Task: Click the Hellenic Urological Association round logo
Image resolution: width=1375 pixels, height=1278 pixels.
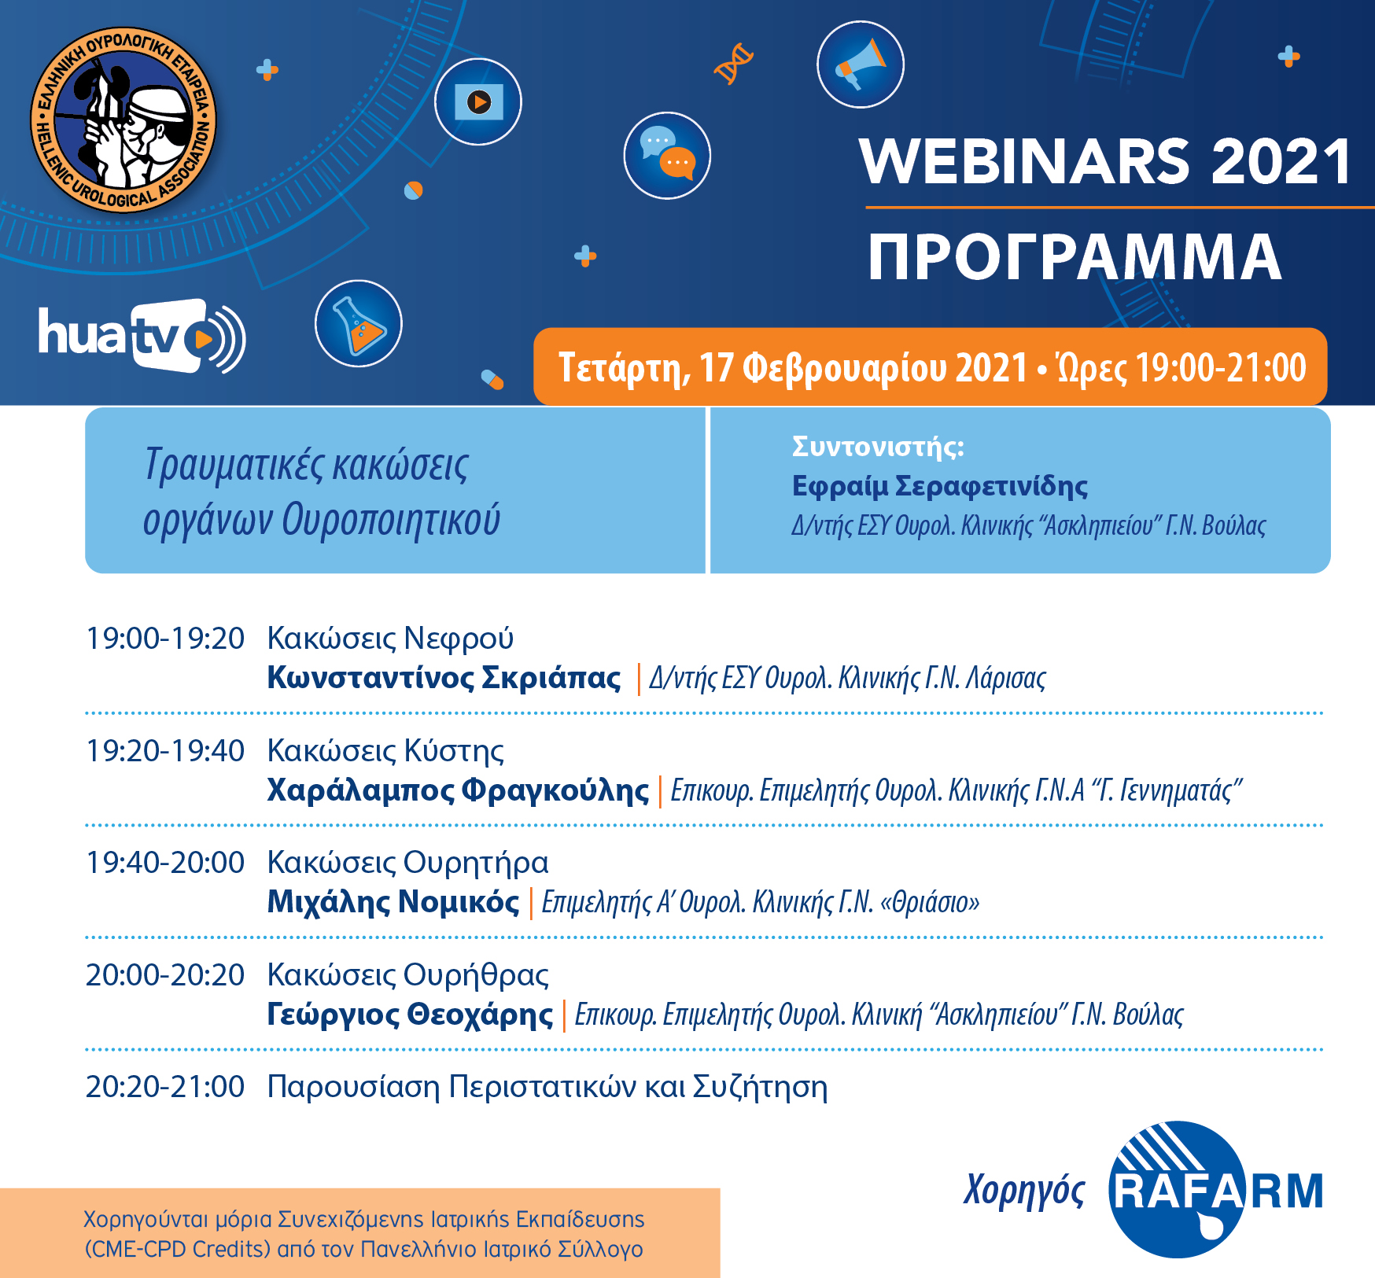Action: pyautogui.click(x=123, y=120)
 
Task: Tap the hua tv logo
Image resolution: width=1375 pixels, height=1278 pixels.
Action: pyautogui.click(x=142, y=336)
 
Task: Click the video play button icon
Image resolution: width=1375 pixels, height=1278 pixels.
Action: pyautogui.click(x=478, y=101)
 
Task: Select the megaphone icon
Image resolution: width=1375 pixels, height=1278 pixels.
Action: pyautogui.click(x=861, y=64)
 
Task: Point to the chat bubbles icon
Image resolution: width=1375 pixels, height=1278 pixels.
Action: pyautogui.click(x=667, y=156)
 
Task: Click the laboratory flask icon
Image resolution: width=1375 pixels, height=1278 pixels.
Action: pyautogui.click(x=359, y=323)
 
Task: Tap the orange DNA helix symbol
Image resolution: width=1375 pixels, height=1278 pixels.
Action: pyautogui.click(x=733, y=64)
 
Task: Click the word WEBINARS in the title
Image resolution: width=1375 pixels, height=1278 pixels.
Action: pyautogui.click(x=1025, y=161)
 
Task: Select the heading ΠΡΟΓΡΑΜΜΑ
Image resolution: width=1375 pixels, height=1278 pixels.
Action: pyautogui.click(x=1075, y=257)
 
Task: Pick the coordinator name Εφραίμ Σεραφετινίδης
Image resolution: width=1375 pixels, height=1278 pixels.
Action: pyautogui.click(x=940, y=486)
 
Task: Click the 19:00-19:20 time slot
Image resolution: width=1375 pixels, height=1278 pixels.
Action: pyautogui.click(x=165, y=639)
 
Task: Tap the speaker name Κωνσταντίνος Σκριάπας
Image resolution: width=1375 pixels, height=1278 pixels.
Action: pyautogui.click(x=444, y=678)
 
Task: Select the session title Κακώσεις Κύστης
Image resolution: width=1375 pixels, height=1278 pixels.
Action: pyautogui.click(x=385, y=751)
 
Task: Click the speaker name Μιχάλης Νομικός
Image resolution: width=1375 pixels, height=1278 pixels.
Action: pyautogui.click(x=393, y=902)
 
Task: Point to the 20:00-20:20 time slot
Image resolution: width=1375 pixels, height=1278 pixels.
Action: pyautogui.click(x=165, y=975)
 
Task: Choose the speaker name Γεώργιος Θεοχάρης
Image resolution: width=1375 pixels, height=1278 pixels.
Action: pyautogui.click(x=410, y=1015)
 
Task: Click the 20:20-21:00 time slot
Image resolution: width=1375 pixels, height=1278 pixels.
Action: pyautogui.click(x=165, y=1087)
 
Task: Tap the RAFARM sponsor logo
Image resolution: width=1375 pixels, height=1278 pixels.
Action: pyautogui.click(x=1215, y=1189)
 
